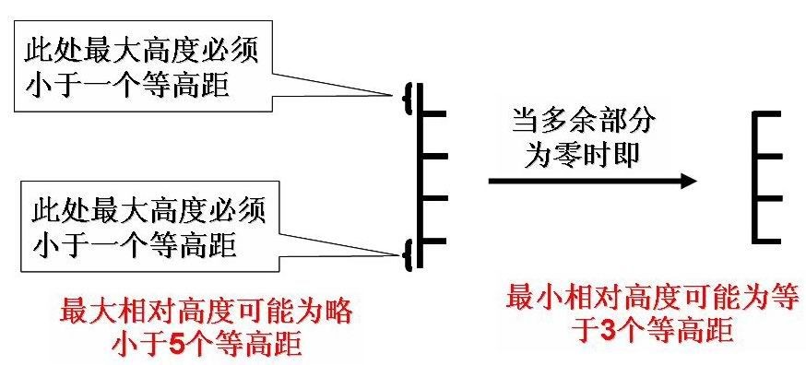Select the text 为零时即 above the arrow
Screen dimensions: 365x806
pyautogui.click(x=582, y=154)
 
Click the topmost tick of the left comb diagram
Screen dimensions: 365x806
pyautogui.click(x=434, y=113)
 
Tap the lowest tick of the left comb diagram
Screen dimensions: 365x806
pyautogui.click(x=434, y=241)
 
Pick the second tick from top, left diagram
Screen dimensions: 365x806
pyautogui.click(x=434, y=156)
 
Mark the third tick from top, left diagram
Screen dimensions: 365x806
pyautogui.click(x=434, y=198)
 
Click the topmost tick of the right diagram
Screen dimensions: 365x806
pyautogui.click(x=768, y=113)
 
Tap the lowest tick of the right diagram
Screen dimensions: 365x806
pyautogui.click(x=768, y=241)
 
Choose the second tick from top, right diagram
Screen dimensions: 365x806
pyautogui.click(x=768, y=156)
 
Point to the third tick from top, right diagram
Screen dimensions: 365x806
pyautogui.click(x=768, y=198)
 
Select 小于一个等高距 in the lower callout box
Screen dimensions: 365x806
pyautogui.click(x=134, y=245)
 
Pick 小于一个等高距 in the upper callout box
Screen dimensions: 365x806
pyautogui.click(x=134, y=86)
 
